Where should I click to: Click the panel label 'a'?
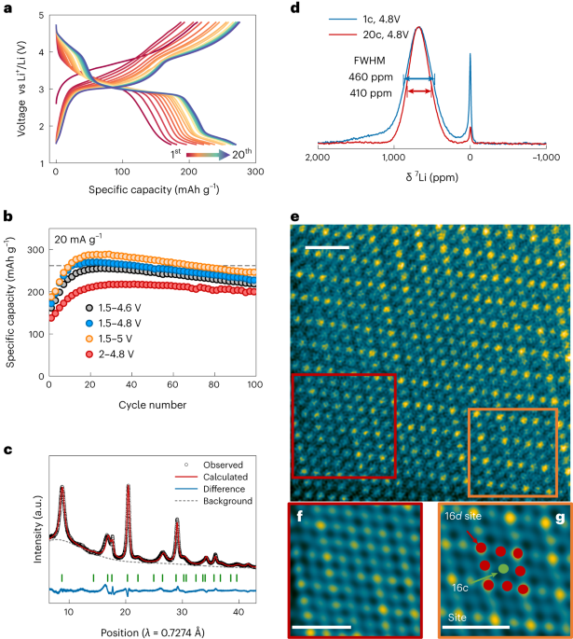coord(7,7)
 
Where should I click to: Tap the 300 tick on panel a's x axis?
coord(255,172)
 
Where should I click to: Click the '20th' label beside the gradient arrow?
coord(241,154)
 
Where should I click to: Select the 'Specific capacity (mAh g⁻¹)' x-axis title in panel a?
coord(154,189)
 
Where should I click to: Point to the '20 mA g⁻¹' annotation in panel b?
coord(78,239)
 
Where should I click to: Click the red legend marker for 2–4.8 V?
coord(89,354)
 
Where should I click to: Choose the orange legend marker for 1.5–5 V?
coord(89,339)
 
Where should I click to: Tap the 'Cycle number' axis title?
coord(153,405)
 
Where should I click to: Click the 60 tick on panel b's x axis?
coord(172,384)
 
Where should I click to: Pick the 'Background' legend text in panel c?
coord(228,501)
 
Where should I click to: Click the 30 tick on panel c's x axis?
coord(182,612)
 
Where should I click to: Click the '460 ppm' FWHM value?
coord(371,77)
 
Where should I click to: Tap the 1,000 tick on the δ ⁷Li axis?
coord(393,158)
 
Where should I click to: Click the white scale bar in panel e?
coord(327,247)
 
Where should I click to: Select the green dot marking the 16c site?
coord(503,568)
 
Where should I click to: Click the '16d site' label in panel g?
coord(463,516)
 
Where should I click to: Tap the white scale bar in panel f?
coord(321,627)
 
